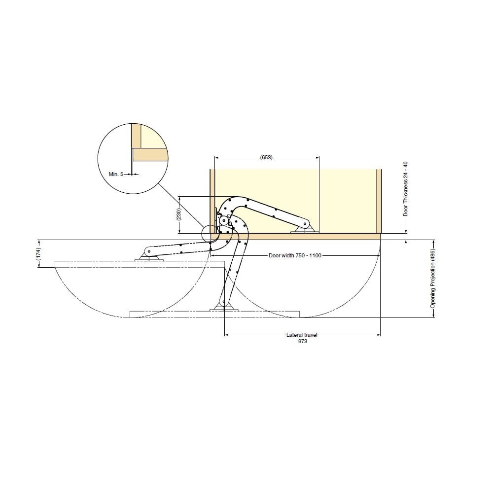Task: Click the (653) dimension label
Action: click(266, 157)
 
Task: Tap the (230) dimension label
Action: click(178, 214)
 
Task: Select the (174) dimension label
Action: click(38, 254)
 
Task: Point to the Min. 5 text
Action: click(116, 174)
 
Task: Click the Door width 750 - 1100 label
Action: click(295, 255)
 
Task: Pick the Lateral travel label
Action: click(302, 335)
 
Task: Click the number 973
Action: click(303, 341)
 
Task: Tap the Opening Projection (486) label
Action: click(433, 279)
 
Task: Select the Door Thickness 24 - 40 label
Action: click(406, 189)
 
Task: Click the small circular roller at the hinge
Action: click(223, 221)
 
